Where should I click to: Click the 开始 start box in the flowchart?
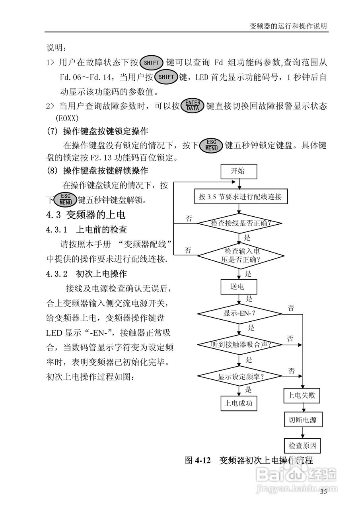coord(238,171)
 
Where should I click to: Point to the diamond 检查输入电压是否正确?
coord(240,255)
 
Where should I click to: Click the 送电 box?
coord(238,287)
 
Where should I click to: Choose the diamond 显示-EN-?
coord(240,313)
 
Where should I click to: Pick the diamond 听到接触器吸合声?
coord(240,344)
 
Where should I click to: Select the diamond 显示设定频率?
coord(240,376)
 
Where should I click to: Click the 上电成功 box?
coord(239,403)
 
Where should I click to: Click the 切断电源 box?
coord(302,420)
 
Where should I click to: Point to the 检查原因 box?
coord(302,445)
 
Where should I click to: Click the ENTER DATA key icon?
coord(192,106)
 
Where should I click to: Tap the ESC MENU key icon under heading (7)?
coord(211,146)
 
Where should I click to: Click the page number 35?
coord(323,492)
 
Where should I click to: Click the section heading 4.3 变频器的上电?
coord(86,215)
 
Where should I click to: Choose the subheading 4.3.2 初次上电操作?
coord(87,274)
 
